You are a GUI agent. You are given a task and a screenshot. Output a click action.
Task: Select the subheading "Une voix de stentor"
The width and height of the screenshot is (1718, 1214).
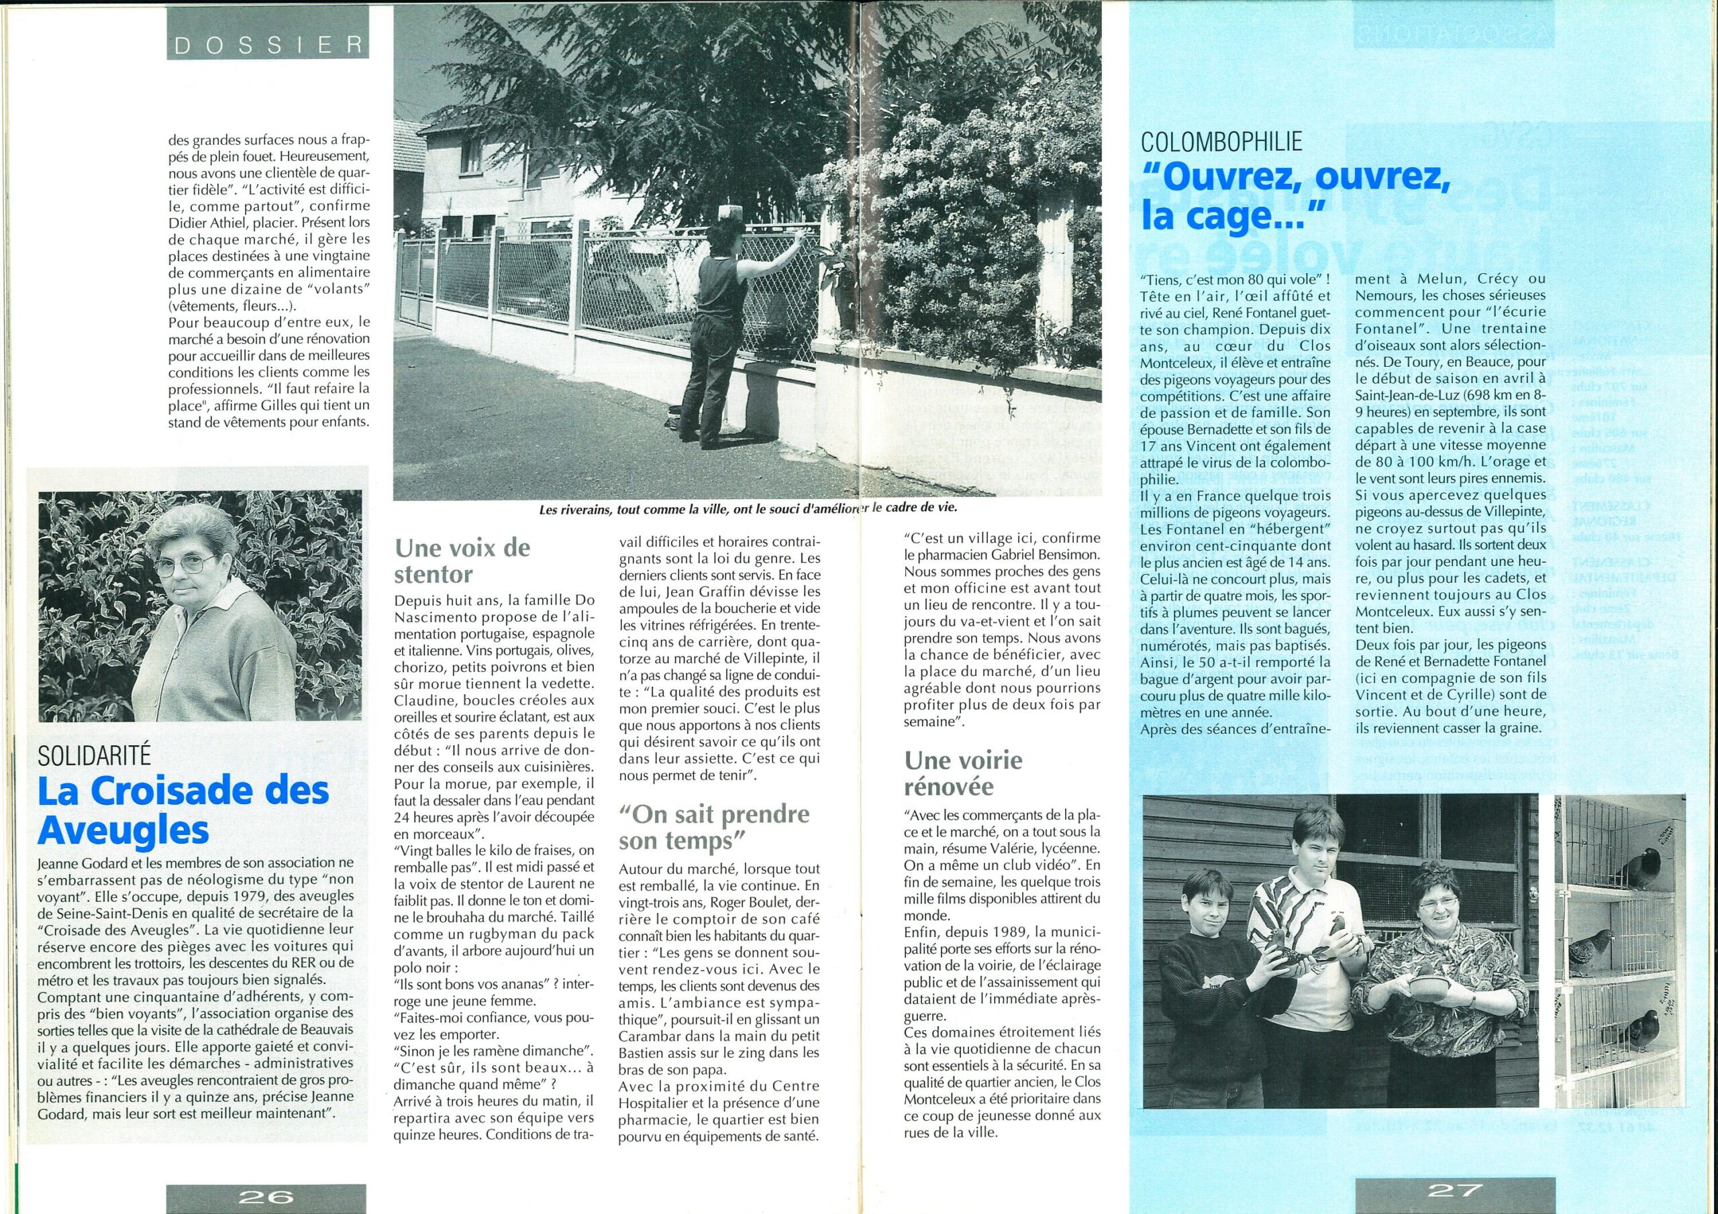click(462, 560)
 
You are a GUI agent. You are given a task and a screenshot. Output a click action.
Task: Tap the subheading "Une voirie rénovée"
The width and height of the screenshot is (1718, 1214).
click(964, 774)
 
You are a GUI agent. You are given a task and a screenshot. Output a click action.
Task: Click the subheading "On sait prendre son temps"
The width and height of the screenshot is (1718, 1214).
click(713, 826)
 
